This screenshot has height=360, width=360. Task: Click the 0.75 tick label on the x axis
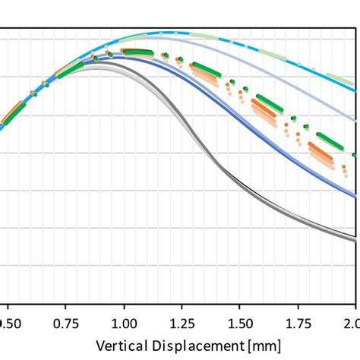(x=66, y=323)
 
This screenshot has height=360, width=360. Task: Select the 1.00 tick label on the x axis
(x=125, y=323)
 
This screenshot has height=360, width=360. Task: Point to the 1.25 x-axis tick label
(x=182, y=323)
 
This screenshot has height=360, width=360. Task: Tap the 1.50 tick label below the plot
(x=240, y=323)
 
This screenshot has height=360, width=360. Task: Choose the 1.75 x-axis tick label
(x=298, y=323)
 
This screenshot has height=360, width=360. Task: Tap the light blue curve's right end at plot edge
(x=355, y=119)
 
